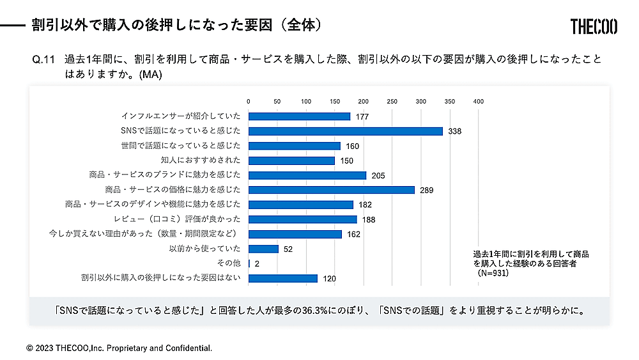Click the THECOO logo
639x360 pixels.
pyautogui.click(x=594, y=26)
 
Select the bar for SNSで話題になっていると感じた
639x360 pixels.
pyautogui.click(x=345, y=131)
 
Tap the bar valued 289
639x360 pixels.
pyautogui.click(x=331, y=190)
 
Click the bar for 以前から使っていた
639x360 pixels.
pyautogui.click(x=263, y=249)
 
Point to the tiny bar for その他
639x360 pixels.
pyautogui.click(x=249, y=263)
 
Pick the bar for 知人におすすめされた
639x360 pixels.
pyautogui.click(x=291, y=160)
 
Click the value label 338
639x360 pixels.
pyautogui.click(x=454, y=131)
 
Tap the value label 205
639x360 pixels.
pyautogui.click(x=378, y=175)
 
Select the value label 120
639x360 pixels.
pyautogui.click(x=329, y=279)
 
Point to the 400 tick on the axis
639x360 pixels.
pyautogui.click(x=478, y=101)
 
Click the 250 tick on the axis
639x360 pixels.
pyautogui.click(x=392, y=101)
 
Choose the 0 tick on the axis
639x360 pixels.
pyautogui.click(x=249, y=101)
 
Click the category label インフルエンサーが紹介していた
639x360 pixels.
pyautogui.click(x=181, y=116)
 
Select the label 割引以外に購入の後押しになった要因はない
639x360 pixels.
pyautogui.click(x=160, y=278)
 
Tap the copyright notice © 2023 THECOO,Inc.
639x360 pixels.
pyautogui.click(x=119, y=348)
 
